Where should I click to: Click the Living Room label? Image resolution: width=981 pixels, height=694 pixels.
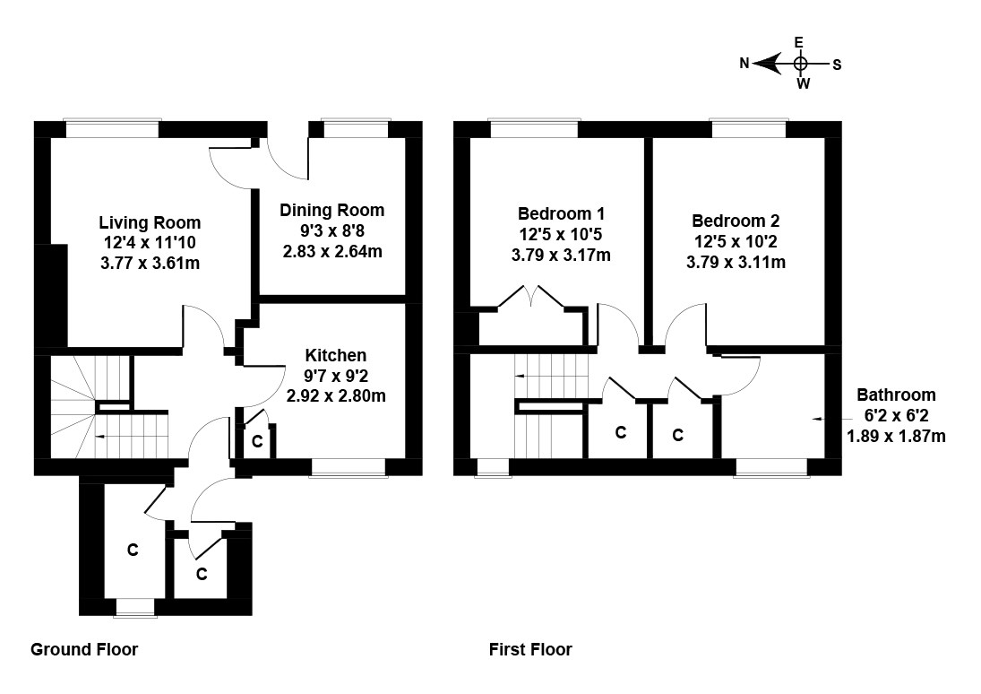point(150,222)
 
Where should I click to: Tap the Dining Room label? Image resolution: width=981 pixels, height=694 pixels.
point(331,211)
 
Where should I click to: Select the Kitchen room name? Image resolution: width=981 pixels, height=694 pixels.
point(335,356)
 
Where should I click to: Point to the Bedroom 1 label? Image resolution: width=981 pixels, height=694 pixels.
point(561,214)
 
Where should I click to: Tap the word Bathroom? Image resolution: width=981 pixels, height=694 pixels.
point(896,395)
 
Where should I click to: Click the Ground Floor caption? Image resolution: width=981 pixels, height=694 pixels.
point(84,649)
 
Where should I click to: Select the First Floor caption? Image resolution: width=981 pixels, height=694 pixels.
point(530,649)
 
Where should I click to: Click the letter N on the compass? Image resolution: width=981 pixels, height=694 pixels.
point(744,64)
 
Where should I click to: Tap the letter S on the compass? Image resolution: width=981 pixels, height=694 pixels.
point(837,64)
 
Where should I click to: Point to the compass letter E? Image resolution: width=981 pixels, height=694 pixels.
point(799,42)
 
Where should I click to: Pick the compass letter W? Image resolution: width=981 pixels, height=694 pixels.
point(803,84)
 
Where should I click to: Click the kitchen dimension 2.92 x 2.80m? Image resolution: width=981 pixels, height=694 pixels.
point(335,395)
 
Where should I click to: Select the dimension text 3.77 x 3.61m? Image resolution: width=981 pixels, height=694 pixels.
point(150,263)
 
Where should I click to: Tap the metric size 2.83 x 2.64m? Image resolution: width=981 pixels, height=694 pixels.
point(331,251)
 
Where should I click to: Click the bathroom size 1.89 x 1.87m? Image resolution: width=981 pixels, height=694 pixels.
point(896,436)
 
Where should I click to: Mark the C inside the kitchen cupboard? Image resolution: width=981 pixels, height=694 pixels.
point(256,441)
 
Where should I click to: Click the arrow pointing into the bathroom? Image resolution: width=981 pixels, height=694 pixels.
point(818,419)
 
